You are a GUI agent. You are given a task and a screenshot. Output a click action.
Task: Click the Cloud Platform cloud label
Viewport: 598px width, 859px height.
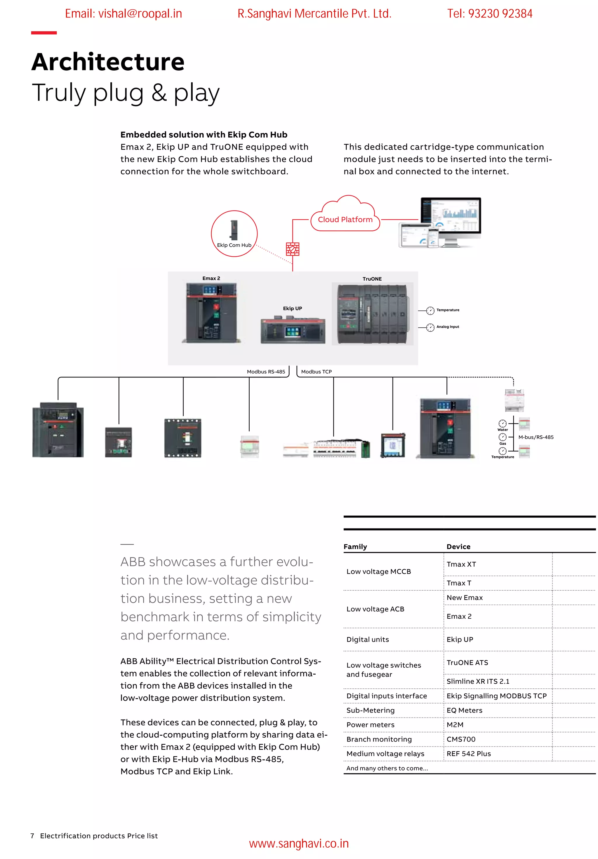[x=345, y=219]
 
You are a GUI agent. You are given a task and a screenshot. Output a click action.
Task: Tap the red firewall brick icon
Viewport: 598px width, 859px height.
[x=293, y=249]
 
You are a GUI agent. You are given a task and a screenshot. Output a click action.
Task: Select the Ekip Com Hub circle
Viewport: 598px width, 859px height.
[x=234, y=233]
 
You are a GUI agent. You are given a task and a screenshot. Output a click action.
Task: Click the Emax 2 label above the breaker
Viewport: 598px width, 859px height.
[x=211, y=278]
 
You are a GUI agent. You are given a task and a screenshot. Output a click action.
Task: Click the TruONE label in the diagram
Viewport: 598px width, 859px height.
[x=372, y=279]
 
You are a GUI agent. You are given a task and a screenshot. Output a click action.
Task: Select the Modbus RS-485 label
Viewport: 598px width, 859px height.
[x=266, y=372]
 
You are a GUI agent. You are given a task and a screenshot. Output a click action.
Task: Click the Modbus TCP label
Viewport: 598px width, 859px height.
[x=317, y=372]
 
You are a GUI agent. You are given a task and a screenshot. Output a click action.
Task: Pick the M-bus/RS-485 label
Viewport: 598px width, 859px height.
[x=536, y=437]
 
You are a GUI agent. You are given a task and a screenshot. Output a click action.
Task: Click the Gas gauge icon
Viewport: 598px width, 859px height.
[x=503, y=437]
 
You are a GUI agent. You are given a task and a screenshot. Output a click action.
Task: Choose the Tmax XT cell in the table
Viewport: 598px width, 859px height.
[x=461, y=564]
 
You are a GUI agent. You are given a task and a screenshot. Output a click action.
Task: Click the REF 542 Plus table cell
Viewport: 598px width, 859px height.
[x=468, y=753]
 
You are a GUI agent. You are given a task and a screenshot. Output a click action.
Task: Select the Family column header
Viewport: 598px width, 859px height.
[x=355, y=547]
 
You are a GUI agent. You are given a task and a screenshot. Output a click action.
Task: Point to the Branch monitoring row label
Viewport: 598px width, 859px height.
[x=379, y=739]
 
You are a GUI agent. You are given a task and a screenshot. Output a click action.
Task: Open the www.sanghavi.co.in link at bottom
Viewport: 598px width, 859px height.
[x=299, y=843]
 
